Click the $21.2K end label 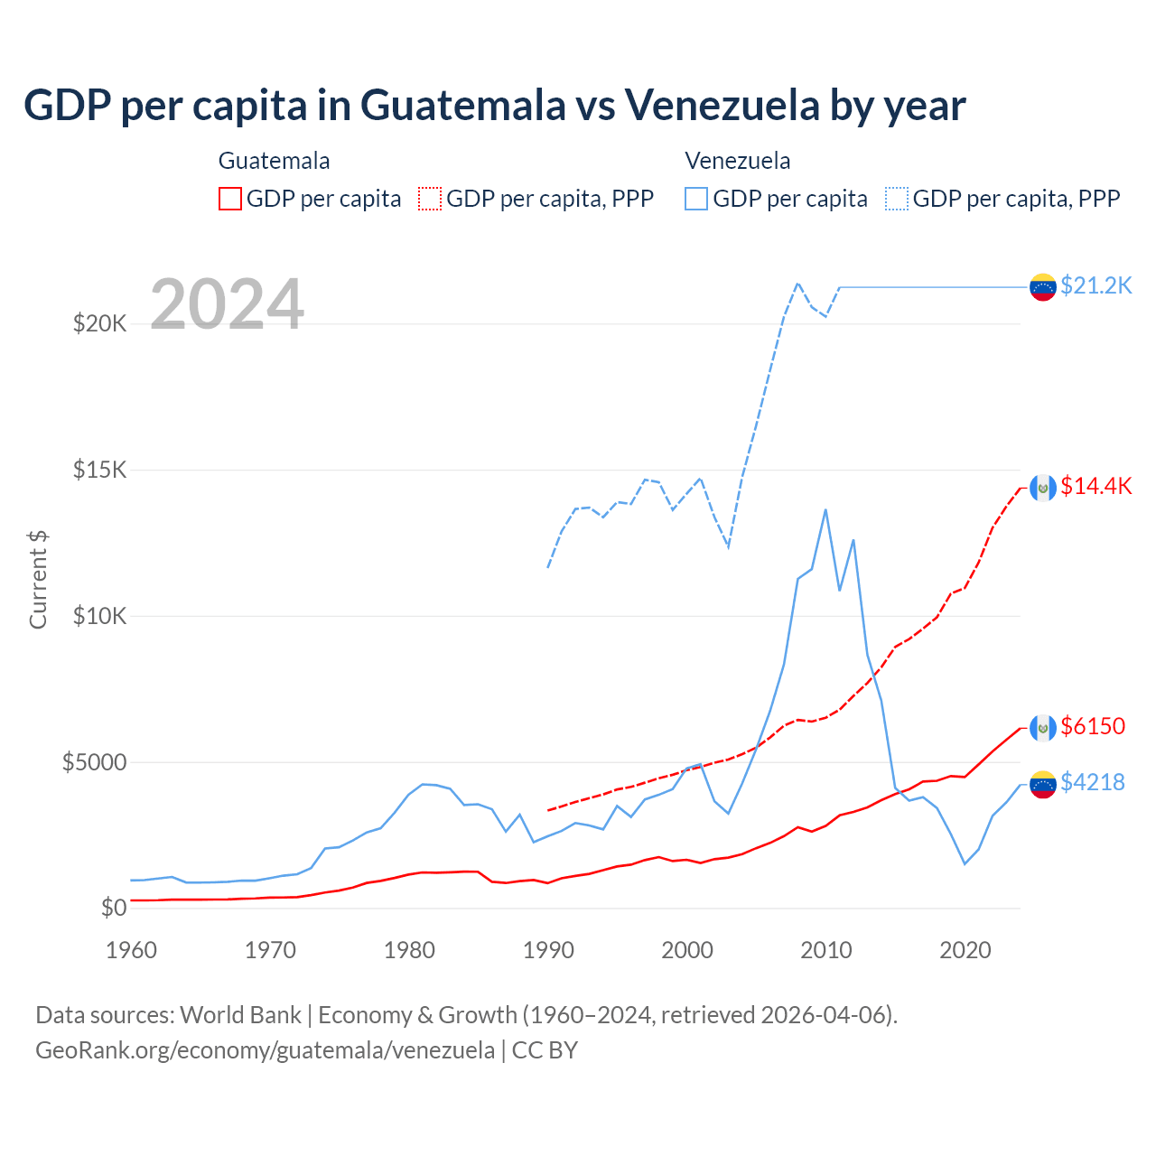1095,285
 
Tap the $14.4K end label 1095,486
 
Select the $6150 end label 1093,726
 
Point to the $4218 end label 1093,782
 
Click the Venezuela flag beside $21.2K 1043,287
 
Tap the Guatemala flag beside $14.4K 1043,488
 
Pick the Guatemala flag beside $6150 1043,727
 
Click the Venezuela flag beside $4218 1043,784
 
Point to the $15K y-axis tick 99,471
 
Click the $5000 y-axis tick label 94,762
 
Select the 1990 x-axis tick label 548,950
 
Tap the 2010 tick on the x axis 826,950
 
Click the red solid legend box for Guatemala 230,199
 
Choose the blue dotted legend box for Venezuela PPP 897,199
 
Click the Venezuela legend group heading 738,161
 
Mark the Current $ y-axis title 38,580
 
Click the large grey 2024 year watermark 227,304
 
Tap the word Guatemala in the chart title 463,105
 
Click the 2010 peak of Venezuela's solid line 825,509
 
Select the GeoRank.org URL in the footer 265,1050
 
